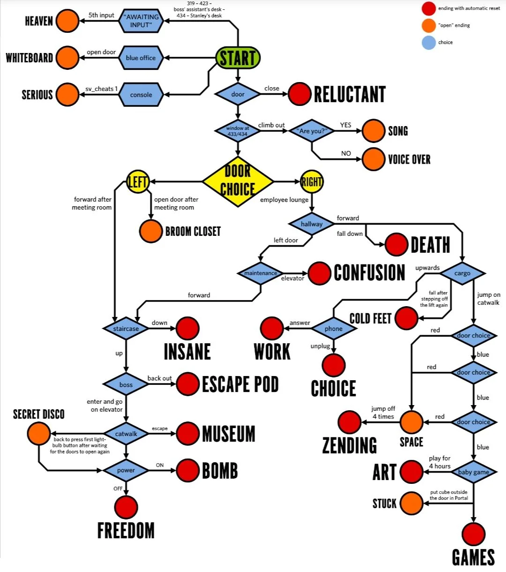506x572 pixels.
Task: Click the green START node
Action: (x=238, y=58)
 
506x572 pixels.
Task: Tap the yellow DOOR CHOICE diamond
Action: (x=238, y=181)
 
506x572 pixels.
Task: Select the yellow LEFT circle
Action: (x=138, y=181)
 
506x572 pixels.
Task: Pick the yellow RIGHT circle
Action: (x=312, y=181)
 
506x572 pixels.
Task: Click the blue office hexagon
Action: (x=141, y=58)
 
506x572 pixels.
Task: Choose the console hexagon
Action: (x=141, y=95)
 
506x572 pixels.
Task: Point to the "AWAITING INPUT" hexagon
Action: (x=141, y=21)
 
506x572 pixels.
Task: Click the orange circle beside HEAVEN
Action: (x=67, y=21)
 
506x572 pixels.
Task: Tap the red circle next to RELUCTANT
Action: (x=299, y=94)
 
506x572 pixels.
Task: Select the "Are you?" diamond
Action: (x=312, y=131)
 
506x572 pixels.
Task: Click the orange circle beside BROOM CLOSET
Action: (x=151, y=231)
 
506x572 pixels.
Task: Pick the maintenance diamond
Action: (x=260, y=273)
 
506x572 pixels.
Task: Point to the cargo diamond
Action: (x=462, y=273)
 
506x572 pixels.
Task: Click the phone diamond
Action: (x=333, y=329)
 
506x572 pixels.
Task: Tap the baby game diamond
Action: (x=473, y=472)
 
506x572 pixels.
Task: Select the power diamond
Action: (x=126, y=470)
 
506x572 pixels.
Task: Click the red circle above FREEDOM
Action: (x=126, y=507)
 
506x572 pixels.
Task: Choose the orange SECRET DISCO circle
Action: (x=38, y=433)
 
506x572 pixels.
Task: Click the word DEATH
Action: (x=430, y=245)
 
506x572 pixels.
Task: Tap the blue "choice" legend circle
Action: (x=429, y=43)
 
